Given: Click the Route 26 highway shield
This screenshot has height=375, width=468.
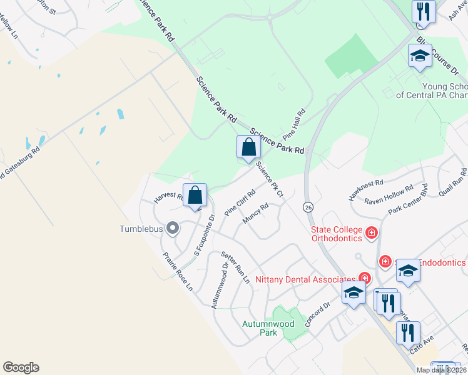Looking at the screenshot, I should point(308,206).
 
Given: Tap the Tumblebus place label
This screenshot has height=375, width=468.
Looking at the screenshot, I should point(141,229).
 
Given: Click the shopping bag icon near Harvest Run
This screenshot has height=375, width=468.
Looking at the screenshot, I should point(196,195).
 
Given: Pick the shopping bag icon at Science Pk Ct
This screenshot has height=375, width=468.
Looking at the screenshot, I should point(249,147).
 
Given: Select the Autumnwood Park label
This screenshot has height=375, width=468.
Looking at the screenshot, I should point(260,328).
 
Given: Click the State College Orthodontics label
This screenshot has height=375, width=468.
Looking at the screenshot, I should point(337,233).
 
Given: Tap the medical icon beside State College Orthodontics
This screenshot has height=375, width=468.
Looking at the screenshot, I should point(372,233).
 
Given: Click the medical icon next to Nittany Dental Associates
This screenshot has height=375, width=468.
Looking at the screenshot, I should point(364,278).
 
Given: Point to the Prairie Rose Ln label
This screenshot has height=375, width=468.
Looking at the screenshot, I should point(178,272).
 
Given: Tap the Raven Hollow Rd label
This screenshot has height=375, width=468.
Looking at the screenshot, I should point(389,196).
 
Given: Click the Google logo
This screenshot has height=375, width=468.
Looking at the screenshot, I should point(21,367).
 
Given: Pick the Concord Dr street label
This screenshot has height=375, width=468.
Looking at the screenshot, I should point(317,316).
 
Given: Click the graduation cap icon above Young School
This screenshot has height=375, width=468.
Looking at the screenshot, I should point(420,56).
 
